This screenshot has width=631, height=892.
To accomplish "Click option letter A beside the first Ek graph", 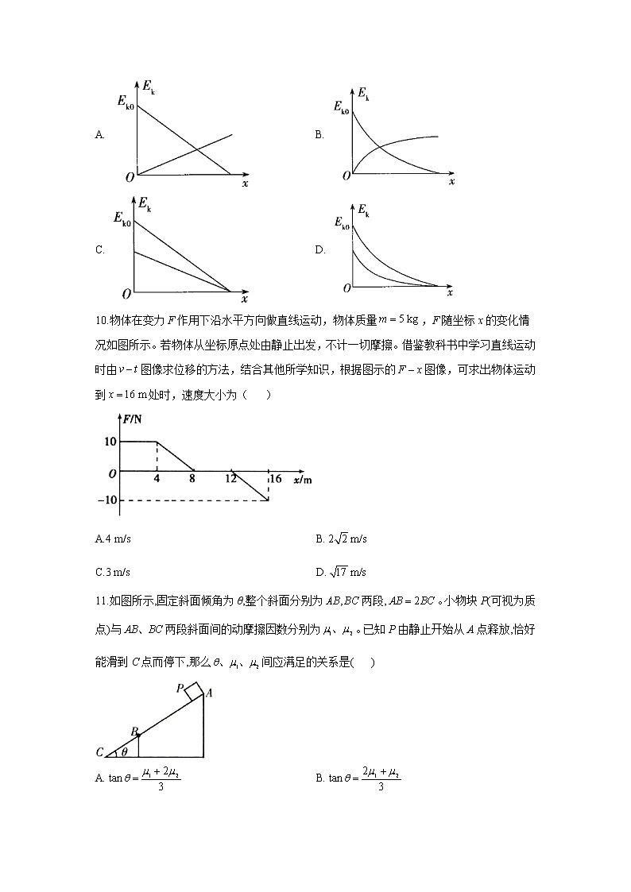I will (x=99, y=135).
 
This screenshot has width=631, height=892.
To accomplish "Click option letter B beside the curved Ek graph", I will (x=319, y=135).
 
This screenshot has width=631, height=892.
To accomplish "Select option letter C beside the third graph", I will (x=99, y=250).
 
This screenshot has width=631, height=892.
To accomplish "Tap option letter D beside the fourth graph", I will (x=320, y=250).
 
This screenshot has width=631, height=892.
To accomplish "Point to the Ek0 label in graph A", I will (x=125, y=102).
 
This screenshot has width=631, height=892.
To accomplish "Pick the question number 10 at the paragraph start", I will (x=101, y=320).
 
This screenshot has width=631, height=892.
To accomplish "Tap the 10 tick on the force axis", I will (x=109, y=442).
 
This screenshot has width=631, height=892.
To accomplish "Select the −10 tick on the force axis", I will (x=106, y=500).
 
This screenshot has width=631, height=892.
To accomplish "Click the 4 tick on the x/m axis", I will (x=157, y=479).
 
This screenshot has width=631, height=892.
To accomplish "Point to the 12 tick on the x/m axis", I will (x=231, y=479).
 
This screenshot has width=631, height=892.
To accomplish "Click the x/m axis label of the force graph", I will (x=302, y=480).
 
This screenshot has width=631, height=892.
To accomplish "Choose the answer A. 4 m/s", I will (x=113, y=539).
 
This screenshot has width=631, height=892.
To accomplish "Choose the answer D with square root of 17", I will (x=341, y=572).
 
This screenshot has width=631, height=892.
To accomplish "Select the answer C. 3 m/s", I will (x=112, y=572).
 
